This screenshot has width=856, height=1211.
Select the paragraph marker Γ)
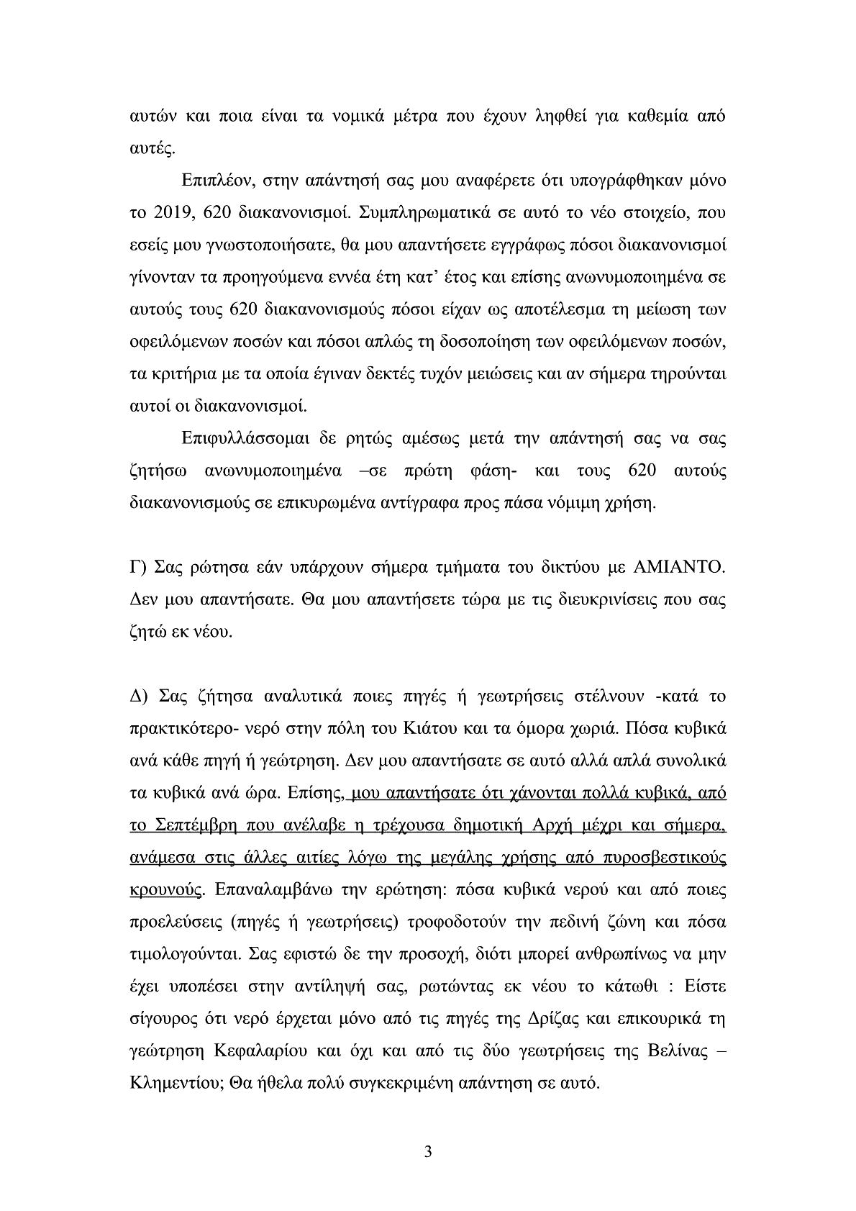coord(137,568)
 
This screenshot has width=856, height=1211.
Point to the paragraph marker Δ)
coord(138,697)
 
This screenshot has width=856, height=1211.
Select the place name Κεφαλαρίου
coord(259,1051)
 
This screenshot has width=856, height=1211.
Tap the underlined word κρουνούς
coord(165,890)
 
